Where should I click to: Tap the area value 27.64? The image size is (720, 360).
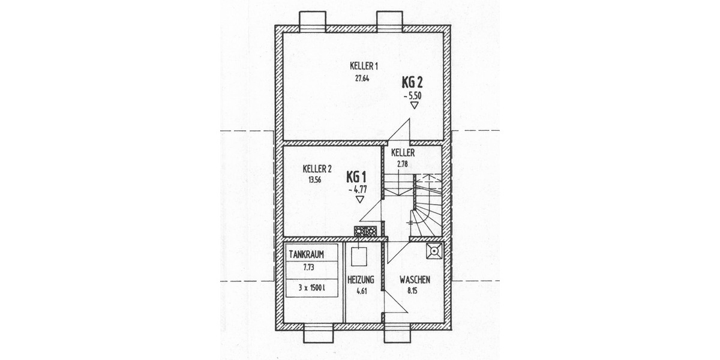tap(362, 77)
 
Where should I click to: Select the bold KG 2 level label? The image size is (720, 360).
tap(414, 83)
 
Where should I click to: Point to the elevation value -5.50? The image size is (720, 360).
tap(414, 95)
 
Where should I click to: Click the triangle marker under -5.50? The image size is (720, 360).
tap(414, 106)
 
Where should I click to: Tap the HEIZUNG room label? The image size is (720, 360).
tap(361, 280)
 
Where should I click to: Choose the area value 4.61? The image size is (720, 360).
tap(361, 291)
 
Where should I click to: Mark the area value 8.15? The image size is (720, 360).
tap(412, 291)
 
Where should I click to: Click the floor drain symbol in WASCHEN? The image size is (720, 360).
tap(433, 251)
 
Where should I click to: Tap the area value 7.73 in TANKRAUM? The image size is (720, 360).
tap(307, 265)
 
